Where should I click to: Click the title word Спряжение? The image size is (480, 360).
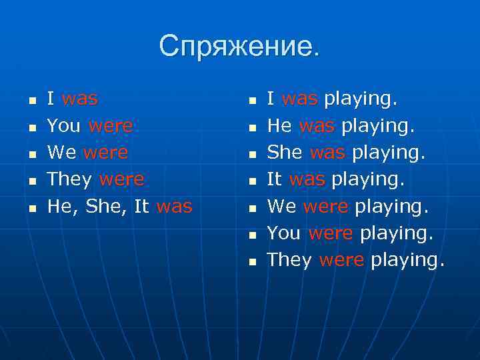point(239,46)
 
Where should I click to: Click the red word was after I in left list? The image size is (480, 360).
point(79,99)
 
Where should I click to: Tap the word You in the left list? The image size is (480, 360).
point(64,126)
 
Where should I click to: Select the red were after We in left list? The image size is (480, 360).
point(106,153)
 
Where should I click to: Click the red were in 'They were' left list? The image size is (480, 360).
point(121,180)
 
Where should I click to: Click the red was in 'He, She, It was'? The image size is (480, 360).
point(174,207)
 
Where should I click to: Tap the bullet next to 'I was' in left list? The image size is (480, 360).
point(31,101)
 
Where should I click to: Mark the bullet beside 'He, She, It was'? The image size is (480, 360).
point(31,209)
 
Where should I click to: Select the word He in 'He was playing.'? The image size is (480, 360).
point(279,126)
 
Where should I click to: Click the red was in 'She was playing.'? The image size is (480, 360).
point(328,153)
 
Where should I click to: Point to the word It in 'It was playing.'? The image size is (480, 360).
point(274,180)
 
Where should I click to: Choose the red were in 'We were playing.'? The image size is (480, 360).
point(325,207)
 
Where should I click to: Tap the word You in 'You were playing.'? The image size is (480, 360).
point(284,233)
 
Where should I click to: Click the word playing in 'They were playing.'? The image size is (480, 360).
point(407,261)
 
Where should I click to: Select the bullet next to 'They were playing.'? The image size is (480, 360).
point(251,262)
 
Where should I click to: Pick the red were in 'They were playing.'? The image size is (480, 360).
point(341,260)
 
